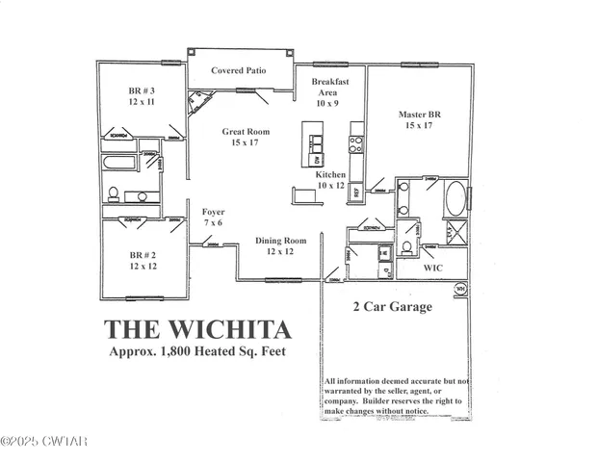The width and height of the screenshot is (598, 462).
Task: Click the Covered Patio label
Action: pyautogui.click(x=240, y=71)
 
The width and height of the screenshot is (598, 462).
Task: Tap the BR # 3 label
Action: pyautogui.click(x=142, y=92)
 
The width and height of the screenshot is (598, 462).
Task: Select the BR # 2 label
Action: pyautogui.click(x=142, y=256)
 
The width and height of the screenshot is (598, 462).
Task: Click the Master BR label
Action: pyautogui.click(x=421, y=114)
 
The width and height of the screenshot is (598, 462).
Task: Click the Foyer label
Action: pyautogui.click(x=213, y=212)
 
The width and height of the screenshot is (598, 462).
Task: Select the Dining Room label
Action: pyautogui.click(x=280, y=240)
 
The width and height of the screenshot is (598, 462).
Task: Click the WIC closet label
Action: pyautogui.click(x=433, y=269)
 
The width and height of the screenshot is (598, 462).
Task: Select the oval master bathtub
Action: pyautogui.click(x=455, y=200)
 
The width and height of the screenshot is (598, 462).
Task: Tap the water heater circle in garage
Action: pyautogui.click(x=460, y=288)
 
